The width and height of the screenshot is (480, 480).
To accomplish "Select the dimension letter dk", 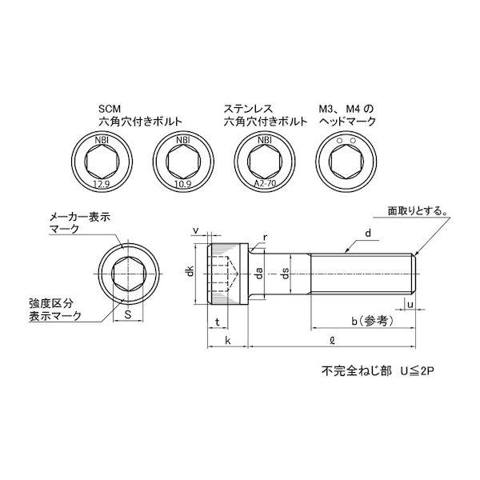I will [x=190, y=274].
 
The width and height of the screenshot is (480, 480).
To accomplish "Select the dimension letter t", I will [x=218, y=322].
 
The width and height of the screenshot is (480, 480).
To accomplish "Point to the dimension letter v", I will [x=196, y=231].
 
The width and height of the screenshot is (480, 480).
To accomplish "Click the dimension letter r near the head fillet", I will [x=266, y=237].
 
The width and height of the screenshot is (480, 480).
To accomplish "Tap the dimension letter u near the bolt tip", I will [x=410, y=305].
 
